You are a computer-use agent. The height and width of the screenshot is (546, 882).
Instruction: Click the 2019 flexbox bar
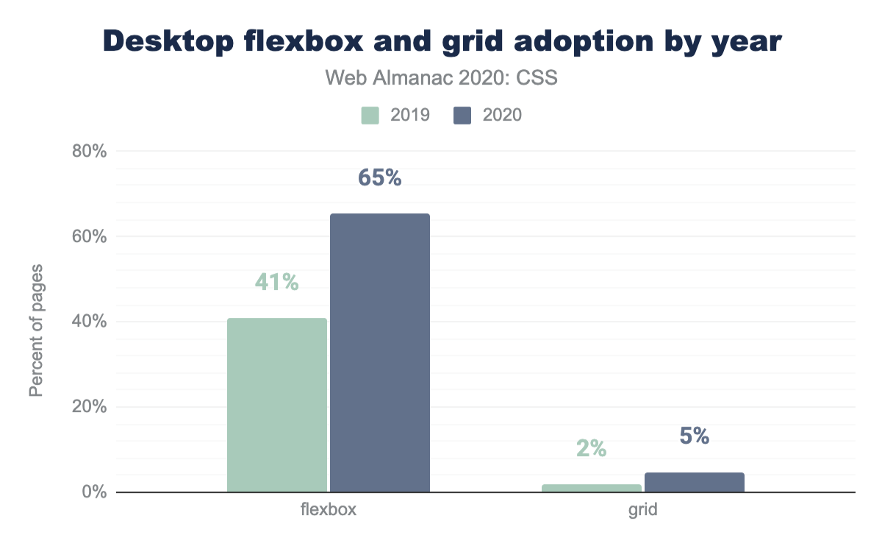tap(277, 405)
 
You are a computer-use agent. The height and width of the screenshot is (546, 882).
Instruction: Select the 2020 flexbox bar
tap(380, 352)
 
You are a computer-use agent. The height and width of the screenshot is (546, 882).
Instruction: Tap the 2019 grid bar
tap(592, 488)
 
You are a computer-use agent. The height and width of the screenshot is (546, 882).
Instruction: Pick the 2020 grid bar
tap(695, 483)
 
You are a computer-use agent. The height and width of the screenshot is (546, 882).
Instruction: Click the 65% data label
tap(380, 178)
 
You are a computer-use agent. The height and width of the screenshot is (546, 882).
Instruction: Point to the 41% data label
tap(277, 282)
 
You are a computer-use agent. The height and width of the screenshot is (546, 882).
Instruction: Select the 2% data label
tap(592, 448)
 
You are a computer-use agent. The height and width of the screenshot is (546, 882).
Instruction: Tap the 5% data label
tap(695, 436)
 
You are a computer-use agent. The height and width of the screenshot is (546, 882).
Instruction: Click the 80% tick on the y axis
tap(90, 152)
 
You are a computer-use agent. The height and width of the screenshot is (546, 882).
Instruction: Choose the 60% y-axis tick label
tap(90, 237)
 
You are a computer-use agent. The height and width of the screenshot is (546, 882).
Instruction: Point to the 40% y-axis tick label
tap(90, 322)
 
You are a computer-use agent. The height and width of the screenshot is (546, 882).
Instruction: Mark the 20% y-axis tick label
tap(90, 407)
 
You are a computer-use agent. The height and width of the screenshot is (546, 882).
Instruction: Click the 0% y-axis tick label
tap(95, 492)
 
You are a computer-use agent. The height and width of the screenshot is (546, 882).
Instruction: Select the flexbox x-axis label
tap(329, 510)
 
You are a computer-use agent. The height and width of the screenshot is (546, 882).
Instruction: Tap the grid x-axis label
tap(643, 510)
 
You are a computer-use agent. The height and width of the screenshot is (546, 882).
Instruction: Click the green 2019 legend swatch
tap(370, 116)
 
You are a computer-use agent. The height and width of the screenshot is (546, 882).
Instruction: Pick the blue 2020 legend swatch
tap(462, 116)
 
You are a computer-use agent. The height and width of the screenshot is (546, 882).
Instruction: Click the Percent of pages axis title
tap(36, 329)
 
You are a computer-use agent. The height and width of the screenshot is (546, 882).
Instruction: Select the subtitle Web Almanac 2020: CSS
tap(441, 78)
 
